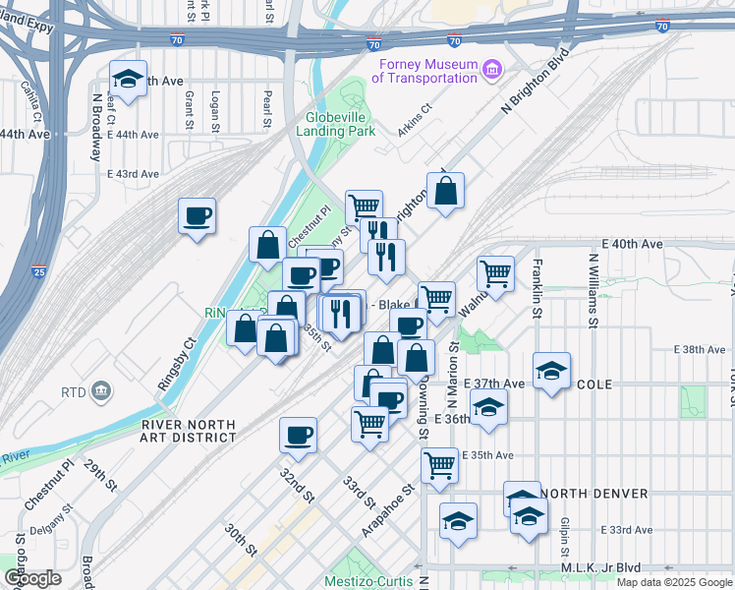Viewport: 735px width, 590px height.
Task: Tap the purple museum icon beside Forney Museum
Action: coord(492,68)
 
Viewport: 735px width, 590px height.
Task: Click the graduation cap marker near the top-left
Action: coord(128,80)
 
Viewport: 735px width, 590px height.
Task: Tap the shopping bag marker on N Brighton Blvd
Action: coord(445,192)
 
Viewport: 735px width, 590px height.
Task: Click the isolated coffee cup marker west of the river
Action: coord(197,215)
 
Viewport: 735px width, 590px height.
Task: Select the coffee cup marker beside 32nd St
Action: coord(298,435)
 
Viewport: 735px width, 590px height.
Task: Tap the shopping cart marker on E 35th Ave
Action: coord(439,466)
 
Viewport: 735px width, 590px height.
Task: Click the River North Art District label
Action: coord(189,431)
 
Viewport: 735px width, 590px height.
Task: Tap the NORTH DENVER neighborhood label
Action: coord(593,494)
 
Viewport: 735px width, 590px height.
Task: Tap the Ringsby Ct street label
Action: coord(177,365)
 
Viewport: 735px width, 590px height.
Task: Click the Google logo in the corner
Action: coord(32,578)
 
